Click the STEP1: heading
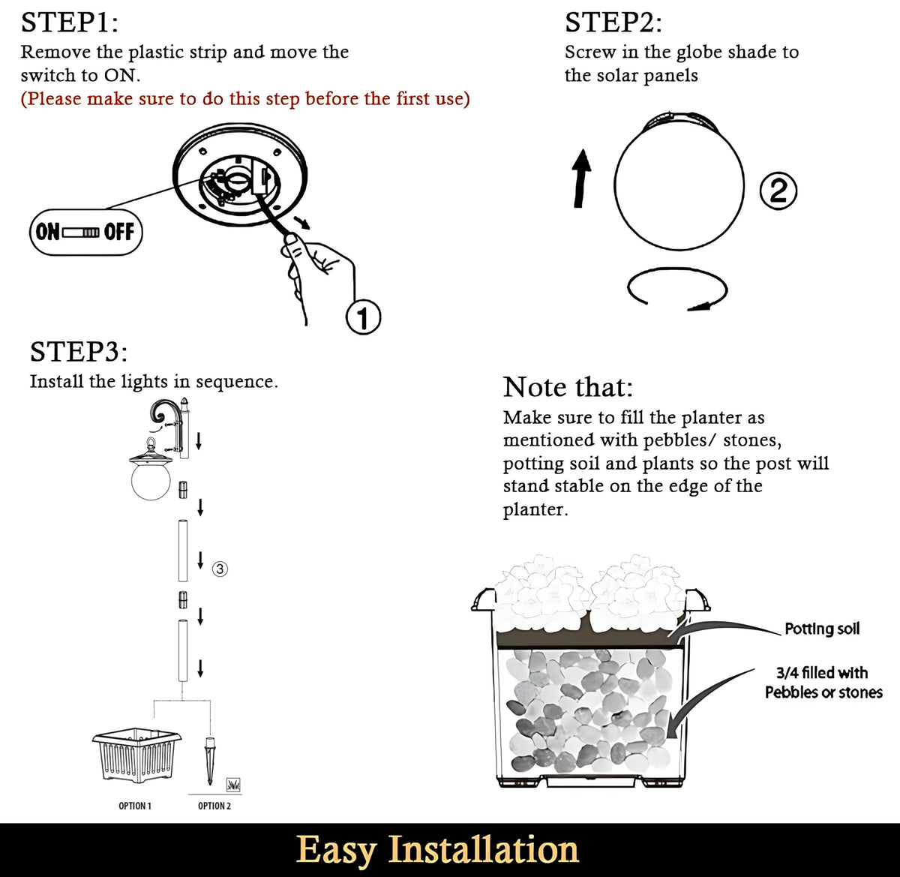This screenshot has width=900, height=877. [x=69, y=23]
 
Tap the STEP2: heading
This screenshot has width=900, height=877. [x=613, y=23]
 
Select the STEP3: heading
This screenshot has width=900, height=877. [x=79, y=352]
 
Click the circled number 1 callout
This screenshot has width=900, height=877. [x=364, y=317]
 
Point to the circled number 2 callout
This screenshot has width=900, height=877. [x=778, y=191]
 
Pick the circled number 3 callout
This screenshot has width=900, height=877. [x=220, y=569]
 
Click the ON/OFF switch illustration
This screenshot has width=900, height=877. [x=86, y=233]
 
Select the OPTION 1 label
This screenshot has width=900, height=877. [x=135, y=806]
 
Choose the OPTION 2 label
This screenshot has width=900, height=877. [x=214, y=806]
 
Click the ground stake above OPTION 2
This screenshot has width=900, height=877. [x=210, y=761]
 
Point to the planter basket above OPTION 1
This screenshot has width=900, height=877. [x=136, y=755]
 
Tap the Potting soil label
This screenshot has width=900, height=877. [x=822, y=629]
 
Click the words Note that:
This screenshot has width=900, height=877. [x=568, y=386]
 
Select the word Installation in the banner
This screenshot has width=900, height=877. [x=483, y=849]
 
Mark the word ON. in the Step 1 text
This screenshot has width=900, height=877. [x=122, y=75]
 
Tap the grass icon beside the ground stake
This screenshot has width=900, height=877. [x=233, y=785]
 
